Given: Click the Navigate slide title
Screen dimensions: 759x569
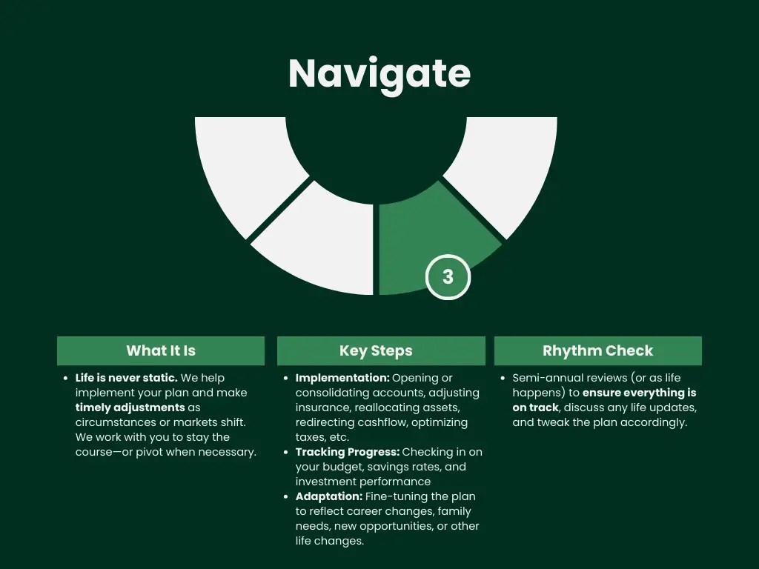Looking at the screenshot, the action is (379, 73).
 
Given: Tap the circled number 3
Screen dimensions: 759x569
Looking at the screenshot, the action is (448, 277).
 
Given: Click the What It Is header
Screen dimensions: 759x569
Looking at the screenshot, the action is (161, 350).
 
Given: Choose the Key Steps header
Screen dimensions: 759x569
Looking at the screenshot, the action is (376, 350).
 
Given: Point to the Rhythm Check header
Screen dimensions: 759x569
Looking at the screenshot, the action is (597, 350).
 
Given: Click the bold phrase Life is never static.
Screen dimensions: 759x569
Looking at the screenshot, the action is (126, 378).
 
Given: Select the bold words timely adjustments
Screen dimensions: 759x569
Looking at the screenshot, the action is (130, 407).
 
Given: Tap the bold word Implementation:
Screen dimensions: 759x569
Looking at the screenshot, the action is (342, 378).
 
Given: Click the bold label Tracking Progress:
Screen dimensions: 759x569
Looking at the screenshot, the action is (347, 452).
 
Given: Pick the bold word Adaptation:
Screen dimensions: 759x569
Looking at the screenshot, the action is (328, 496).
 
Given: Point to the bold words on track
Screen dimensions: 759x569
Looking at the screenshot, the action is (535, 407).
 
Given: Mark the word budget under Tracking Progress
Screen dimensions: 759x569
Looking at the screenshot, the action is (341, 467).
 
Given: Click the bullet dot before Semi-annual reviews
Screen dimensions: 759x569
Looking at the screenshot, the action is (503, 378).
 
